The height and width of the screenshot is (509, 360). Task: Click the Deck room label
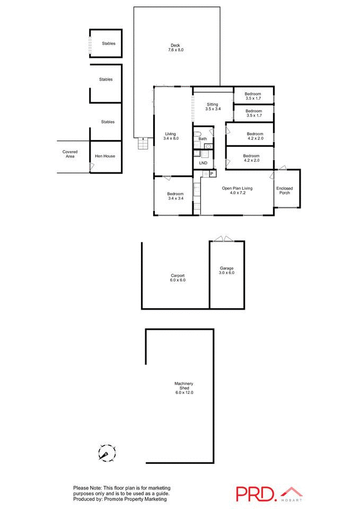176,47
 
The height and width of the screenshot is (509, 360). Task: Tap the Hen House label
105,156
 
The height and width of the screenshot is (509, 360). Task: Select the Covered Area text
70,154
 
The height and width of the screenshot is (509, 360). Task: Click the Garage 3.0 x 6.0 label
226,270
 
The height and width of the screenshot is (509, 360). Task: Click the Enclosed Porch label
285,190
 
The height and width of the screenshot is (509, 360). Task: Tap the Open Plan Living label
237,190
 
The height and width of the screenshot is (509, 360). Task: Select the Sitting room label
212,106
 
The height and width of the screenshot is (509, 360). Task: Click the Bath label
203,139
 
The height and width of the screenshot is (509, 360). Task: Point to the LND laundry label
203,163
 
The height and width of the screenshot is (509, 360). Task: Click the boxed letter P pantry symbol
212,173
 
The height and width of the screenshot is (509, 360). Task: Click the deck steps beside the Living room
142,144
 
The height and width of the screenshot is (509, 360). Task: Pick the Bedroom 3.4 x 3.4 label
175,196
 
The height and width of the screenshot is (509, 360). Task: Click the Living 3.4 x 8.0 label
171,136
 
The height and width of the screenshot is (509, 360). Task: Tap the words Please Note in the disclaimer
88,488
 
